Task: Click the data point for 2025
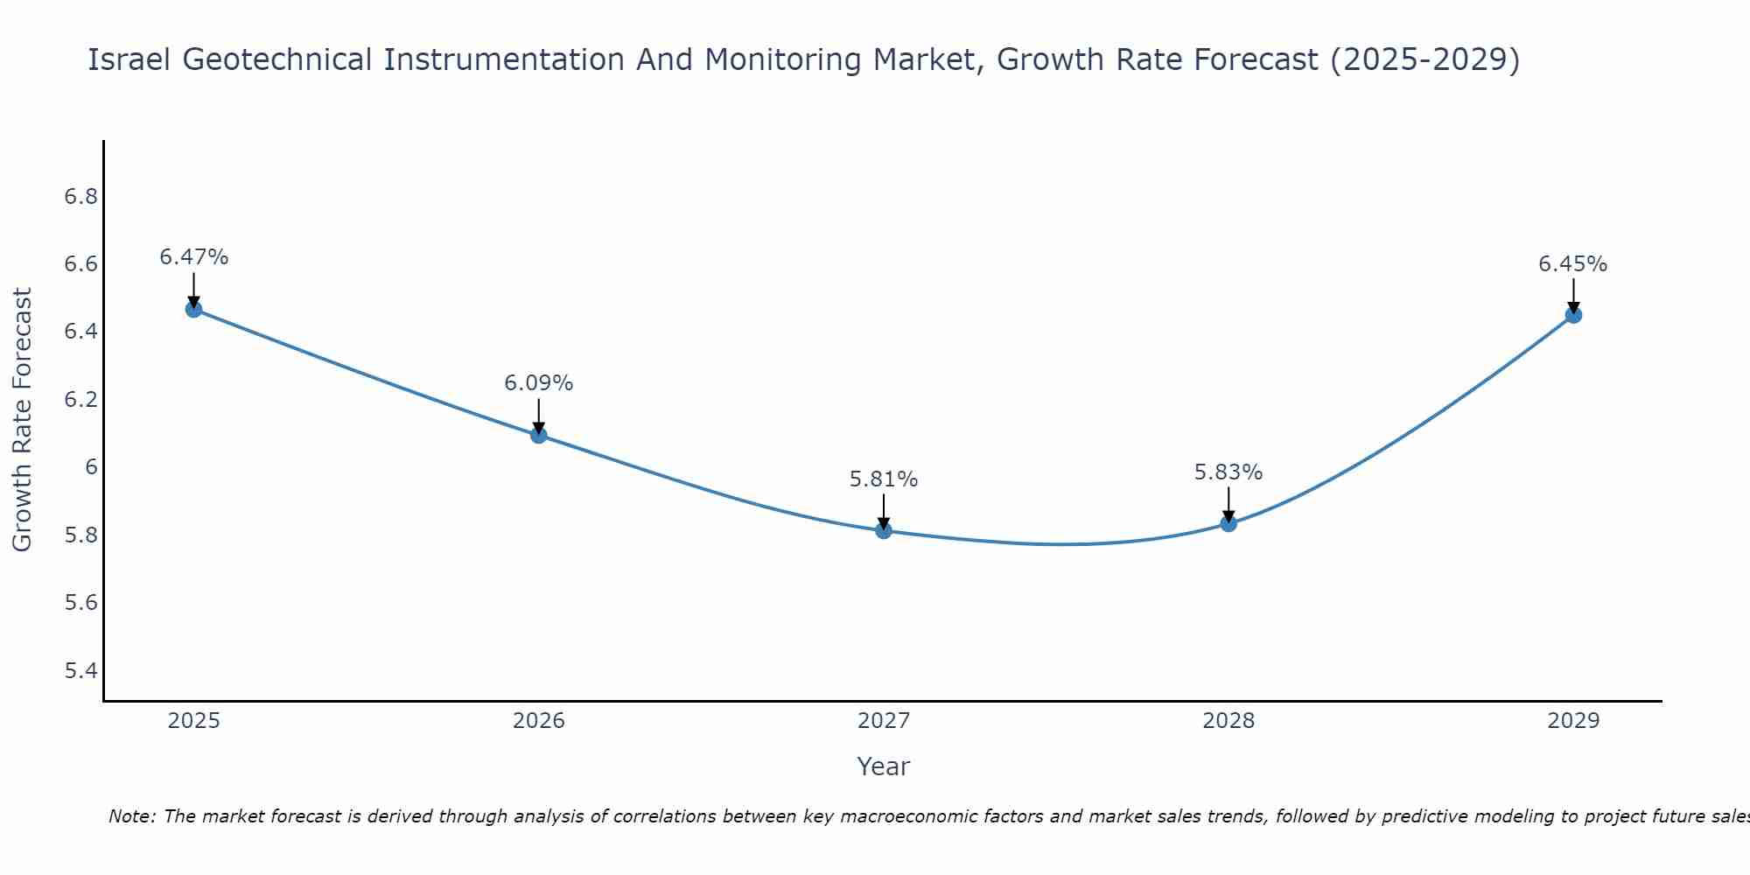(x=193, y=309)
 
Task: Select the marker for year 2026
(x=539, y=435)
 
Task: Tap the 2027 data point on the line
(x=884, y=530)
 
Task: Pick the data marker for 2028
(x=1228, y=523)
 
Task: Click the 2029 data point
(x=1573, y=315)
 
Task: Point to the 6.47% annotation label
(x=193, y=257)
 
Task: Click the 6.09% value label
(x=539, y=383)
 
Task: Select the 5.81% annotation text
(x=884, y=479)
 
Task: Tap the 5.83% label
(x=1228, y=472)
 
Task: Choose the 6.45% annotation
(x=1573, y=264)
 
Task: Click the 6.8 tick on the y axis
(x=80, y=197)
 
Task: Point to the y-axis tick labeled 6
(x=91, y=467)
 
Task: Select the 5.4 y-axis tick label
(x=80, y=671)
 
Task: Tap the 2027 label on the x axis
(x=884, y=721)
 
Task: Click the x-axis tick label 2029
(x=1573, y=721)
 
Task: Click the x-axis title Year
(x=884, y=766)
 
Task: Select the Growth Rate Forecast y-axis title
(x=23, y=420)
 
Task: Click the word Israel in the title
(x=130, y=60)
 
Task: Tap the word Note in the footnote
(x=131, y=816)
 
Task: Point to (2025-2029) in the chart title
(x=1424, y=60)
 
